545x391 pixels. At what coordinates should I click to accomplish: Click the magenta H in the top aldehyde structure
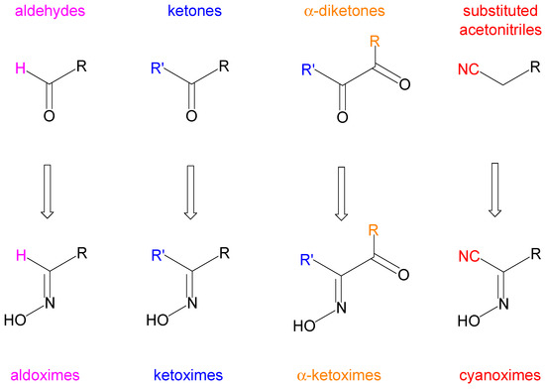(18, 70)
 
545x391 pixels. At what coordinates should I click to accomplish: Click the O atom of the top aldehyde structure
(50, 116)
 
